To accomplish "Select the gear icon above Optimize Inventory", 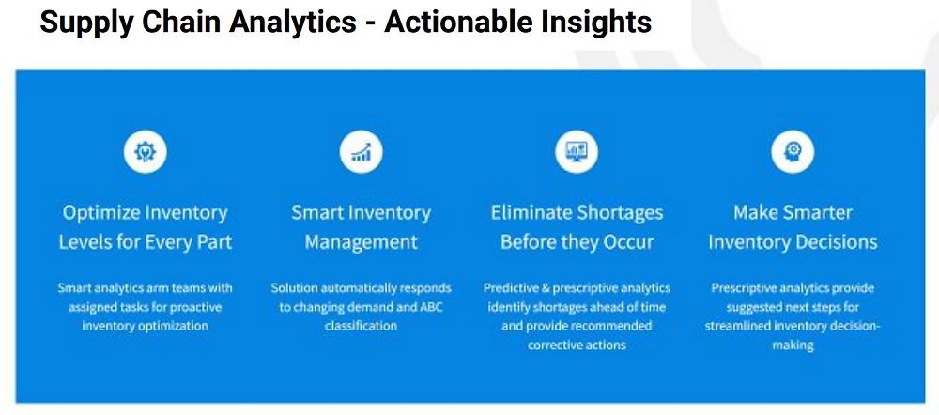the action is point(145,151).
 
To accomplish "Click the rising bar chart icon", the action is point(361,151).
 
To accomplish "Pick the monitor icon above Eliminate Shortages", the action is point(577,151).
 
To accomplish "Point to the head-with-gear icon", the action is point(793,151).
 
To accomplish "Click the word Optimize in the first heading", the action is point(100,212).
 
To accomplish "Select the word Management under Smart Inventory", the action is point(362,242).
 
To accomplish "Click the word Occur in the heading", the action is point(625,242).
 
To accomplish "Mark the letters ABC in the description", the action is point(431,307).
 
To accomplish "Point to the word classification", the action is point(361,327).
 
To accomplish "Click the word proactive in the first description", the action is point(196,307).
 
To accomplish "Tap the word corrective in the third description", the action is point(553,346).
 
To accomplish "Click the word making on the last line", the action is point(793,346).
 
